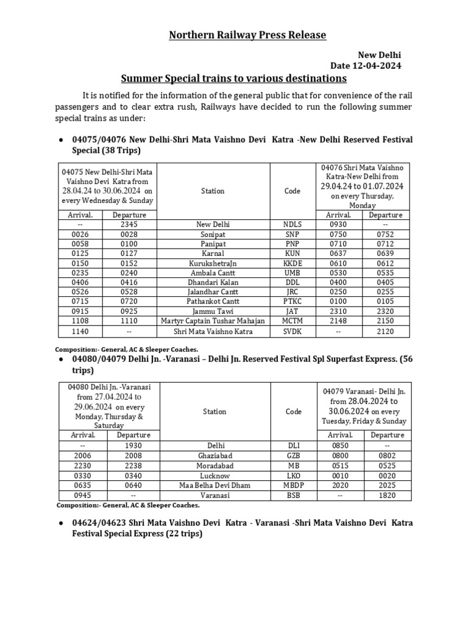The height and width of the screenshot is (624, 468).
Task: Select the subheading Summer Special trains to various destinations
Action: pyautogui.click(x=233, y=79)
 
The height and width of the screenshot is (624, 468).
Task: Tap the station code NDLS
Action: pyautogui.click(x=292, y=224)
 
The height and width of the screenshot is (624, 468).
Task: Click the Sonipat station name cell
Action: pyautogui.click(x=214, y=234)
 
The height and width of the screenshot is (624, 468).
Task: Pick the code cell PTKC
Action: pyautogui.click(x=292, y=302)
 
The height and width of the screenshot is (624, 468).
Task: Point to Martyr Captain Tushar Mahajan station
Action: pyautogui.click(x=214, y=321)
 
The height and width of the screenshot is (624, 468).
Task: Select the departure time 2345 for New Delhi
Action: pyautogui.click(x=130, y=224)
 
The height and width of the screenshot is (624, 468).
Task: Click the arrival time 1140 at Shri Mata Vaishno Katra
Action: pyautogui.click(x=81, y=331)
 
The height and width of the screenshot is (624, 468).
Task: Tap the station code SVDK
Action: pyautogui.click(x=292, y=331)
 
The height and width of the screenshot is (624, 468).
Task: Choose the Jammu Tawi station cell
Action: pyautogui.click(x=214, y=311)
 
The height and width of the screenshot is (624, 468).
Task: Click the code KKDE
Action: pyautogui.click(x=292, y=263)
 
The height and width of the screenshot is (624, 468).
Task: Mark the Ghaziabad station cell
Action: pyautogui.click(x=214, y=455)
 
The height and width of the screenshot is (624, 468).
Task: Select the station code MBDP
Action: pyautogui.click(x=292, y=486)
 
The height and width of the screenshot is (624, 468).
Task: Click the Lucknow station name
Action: pyautogui.click(x=214, y=475)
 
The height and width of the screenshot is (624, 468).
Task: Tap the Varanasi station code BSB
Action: pyautogui.click(x=292, y=495)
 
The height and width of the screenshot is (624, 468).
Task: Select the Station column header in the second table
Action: pyautogui.click(x=214, y=412)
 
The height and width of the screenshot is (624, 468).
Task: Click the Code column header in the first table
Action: pyautogui.click(x=292, y=191)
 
